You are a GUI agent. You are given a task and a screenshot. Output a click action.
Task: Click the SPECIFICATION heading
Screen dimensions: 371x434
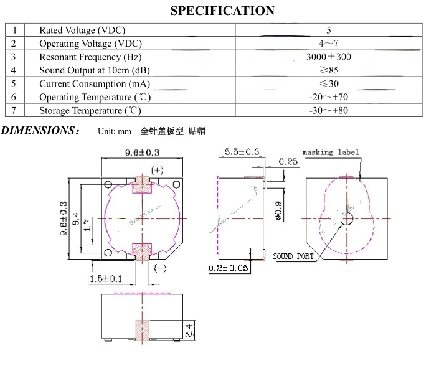pyautogui.click(x=222, y=11)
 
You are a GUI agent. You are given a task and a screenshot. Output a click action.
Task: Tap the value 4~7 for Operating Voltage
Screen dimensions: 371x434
pyautogui.click(x=328, y=44)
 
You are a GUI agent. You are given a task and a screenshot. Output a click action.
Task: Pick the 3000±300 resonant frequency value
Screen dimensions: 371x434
pyautogui.click(x=328, y=57)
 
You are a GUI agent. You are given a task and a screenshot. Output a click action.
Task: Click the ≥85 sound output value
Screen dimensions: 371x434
pyautogui.click(x=328, y=70)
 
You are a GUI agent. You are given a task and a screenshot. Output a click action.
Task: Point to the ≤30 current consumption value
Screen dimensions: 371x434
pyautogui.click(x=328, y=83)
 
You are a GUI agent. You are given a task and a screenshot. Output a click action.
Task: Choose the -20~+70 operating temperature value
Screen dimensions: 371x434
pyautogui.click(x=328, y=97)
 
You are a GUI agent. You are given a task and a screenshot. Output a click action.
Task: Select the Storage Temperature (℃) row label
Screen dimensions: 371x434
pyautogui.click(x=90, y=111)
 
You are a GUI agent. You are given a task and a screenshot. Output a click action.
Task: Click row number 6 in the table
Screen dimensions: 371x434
pyautogui.click(x=14, y=97)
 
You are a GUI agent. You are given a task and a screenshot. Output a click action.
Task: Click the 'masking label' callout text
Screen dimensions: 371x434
pyautogui.click(x=331, y=153)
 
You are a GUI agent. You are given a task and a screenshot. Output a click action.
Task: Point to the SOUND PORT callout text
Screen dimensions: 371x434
pyautogui.click(x=294, y=256)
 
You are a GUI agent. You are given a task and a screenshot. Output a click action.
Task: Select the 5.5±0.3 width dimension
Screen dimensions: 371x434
pyautogui.click(x=241, y=152)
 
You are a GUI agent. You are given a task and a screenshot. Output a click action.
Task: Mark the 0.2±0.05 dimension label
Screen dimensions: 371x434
pyautogui.click(x=229, y=268)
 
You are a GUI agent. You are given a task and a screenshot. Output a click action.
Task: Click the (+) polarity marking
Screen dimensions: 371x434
pyautogui.click(x=157, y=170)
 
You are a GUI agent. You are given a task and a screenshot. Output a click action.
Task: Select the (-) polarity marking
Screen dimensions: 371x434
pyautogui.click(x=159, y=268)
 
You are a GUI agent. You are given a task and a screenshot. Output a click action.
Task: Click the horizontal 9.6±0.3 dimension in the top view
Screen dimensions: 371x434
pyautogui.click(x=143, y=153)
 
